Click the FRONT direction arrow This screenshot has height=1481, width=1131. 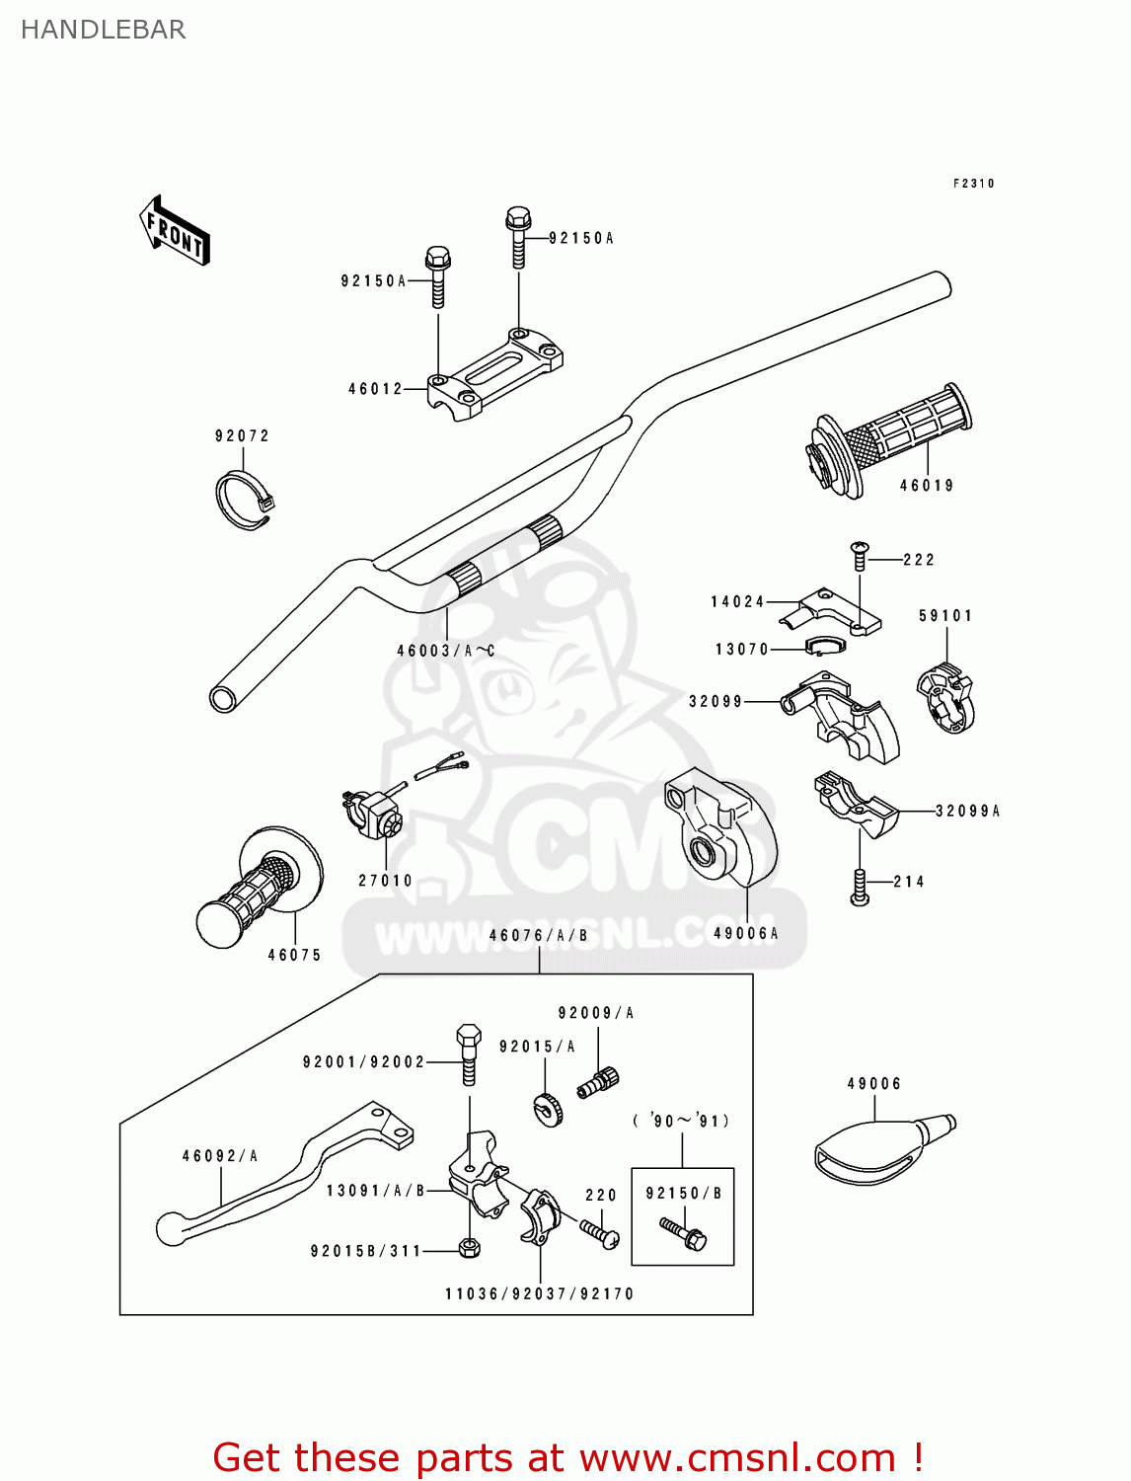(x=176, y=231)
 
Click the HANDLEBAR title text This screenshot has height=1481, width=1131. (x=103, y=30)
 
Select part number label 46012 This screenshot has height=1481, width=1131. (x=375, y=389)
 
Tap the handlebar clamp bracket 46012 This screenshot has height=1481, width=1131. (x=495, y=372)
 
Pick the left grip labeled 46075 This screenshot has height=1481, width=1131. (x=260, y=890)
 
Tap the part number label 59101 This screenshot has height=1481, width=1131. (x=945, y=616)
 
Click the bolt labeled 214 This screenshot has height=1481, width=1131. (x=860, y=886)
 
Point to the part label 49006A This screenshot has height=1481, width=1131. (x=746, y=933)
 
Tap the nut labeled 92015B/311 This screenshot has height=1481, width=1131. (x=470, y=1248)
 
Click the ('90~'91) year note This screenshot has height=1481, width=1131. (x=682, y=1121)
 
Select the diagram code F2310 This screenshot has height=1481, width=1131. (x=973, y=184)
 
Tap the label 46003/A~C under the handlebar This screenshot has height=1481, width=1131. (x=446, y=651)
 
